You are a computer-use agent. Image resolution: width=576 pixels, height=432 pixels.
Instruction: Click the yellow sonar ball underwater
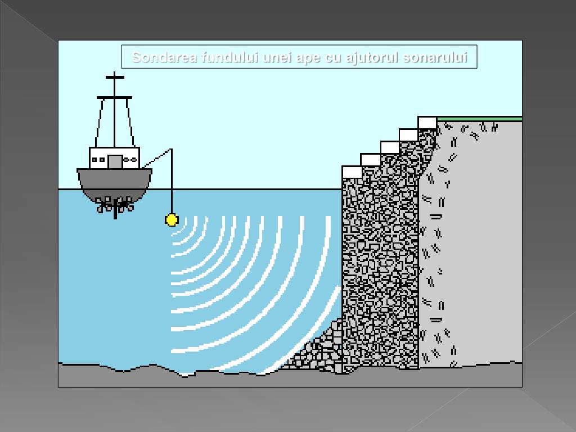click(x=172, y=220)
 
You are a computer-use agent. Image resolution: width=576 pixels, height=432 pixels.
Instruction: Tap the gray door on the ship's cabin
click(x=115, y=161)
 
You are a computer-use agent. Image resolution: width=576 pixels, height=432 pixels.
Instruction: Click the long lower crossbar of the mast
click(x=114, y=97)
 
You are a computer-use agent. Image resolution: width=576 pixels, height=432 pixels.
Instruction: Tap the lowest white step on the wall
click(x=352, y=172)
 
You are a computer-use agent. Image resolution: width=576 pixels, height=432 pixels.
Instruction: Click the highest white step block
click(x=427, y=123)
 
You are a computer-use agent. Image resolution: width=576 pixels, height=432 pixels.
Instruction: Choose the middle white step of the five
click(x=390, y=148)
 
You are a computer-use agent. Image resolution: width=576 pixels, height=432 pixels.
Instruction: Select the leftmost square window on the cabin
click(x=94, y=160)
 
